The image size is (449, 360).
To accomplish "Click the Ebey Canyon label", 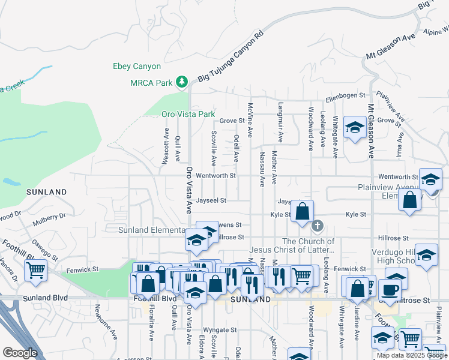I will pyautogui.click(x=137, y=67).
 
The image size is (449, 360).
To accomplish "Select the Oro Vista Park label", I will pyautogui.click(x=188, y=114).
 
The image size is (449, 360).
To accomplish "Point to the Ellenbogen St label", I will pyautogui.click(x=345, y=95).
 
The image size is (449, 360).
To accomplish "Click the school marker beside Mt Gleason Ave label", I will pyautogui.click(x=355, y=128).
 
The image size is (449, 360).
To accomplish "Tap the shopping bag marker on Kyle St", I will pyautogui.click(x=303, y=211).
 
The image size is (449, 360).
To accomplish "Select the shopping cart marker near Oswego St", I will pyautogui.click(x=36, y=271).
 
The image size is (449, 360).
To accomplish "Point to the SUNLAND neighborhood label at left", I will pyautogui.click(x=46, y=192).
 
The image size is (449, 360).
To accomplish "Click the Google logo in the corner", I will pyautogui.click(x=20, y=353).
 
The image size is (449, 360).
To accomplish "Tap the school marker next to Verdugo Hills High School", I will pyautogui.click(x=426, y=255).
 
